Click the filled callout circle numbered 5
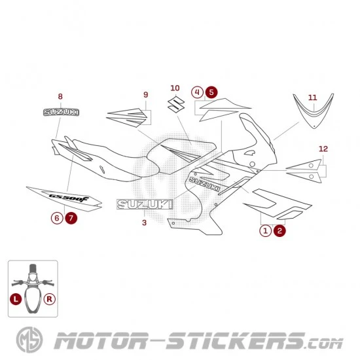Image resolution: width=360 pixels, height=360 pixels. pyautogui.click(x=211, y=92)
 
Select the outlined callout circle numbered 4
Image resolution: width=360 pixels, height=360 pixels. pyautogui.click(x=197, y=92)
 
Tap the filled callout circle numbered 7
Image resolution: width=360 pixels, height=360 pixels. pyautogui.click(x=71, y=218)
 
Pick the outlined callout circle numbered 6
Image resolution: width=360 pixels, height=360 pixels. pyautogui.click(x=57, y=218)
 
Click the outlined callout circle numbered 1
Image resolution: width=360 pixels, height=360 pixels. pyautogui.click(x=265, y=231)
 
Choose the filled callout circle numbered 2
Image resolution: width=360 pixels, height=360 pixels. pyautogui.click(x=279, y=231)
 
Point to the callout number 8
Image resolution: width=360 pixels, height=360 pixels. pyautogui.click(x=60, y=97)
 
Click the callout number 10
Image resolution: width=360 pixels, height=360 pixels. pyautogui.click(x=175, y=88)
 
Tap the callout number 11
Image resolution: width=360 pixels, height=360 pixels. pyautogui.click(x=312, y=98)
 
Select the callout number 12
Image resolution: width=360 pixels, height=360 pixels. pyautogui.click(x=323, y=149)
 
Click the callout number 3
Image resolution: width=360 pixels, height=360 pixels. pyautogui.click(x=144, y=223)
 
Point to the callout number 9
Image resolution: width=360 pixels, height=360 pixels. pyautogui.click(x=146, y=95)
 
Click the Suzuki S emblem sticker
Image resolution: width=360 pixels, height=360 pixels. pyautogui.click(x=176, y=105)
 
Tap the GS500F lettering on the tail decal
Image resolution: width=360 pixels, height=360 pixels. pyautogui.click(x=69, y=198)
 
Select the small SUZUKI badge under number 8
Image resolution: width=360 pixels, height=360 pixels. pyautogui.click(x=61, y=113)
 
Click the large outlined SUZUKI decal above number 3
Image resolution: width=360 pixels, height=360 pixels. pyautogui.click(x=145, y=204)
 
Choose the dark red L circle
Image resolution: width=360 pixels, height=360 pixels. pyautogui.click(x=16, y=299)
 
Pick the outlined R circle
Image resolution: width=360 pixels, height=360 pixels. pyautogui.click(x=50, y=299)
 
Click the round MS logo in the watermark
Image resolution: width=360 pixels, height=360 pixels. pyautogui.click(x=29, y=340)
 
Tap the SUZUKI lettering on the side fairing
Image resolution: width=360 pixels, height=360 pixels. pyautogui.click(x=204, y=184)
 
